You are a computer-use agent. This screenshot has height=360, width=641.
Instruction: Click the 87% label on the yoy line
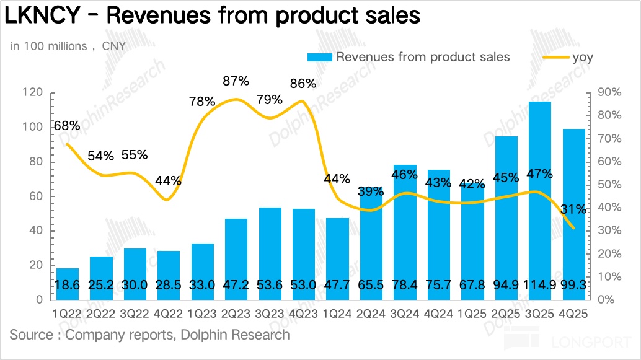236,81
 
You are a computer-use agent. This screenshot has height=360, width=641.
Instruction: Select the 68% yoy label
66,126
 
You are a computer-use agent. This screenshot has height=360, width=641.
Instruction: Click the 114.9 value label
540,284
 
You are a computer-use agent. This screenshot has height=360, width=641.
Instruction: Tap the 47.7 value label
337,284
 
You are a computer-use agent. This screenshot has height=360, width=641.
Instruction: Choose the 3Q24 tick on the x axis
405,314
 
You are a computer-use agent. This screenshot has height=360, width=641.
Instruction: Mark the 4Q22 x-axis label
169,314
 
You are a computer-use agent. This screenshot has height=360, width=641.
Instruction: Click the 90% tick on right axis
609,92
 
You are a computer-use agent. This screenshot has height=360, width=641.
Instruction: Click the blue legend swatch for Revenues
320,58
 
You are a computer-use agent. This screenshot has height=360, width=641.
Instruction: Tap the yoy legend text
582,58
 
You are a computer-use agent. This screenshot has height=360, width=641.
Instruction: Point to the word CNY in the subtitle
113,46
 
